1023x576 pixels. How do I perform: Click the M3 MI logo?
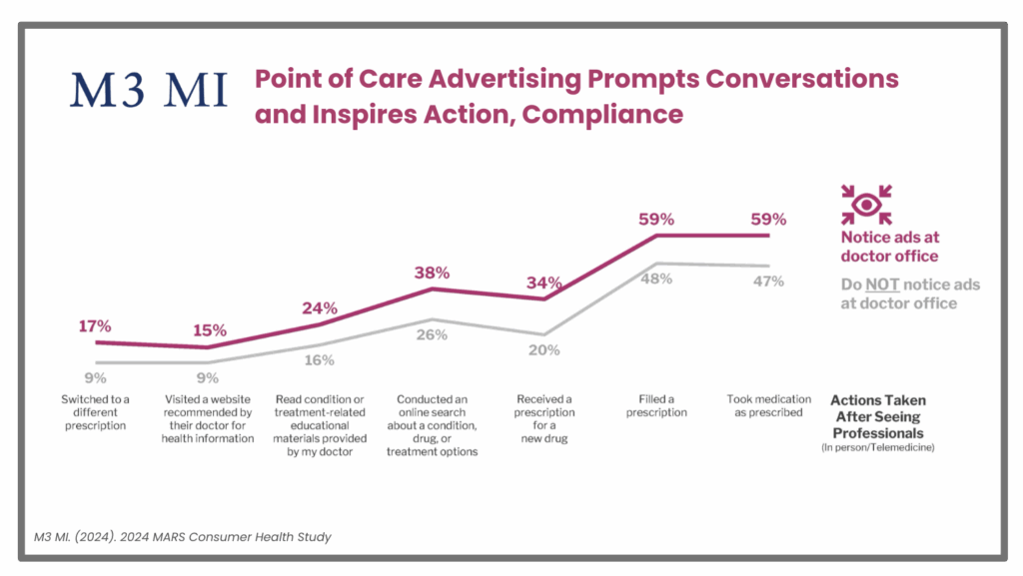[149, 90]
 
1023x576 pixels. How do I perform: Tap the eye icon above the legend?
[865, 204]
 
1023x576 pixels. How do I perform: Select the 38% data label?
[432, 272]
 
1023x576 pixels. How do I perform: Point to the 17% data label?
[95, 325]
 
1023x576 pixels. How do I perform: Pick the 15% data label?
[209, 330]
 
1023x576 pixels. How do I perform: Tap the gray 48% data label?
[655, 281]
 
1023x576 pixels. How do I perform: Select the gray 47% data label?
[768, 282]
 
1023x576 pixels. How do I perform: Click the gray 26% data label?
[432, 334]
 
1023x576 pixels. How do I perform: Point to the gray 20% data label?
[543, 350]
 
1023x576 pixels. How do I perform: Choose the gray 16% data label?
[320, 360]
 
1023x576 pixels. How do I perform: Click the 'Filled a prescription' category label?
[656, 406]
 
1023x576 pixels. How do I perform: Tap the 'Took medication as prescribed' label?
[766, 406]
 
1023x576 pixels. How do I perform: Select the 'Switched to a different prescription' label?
[96, 412]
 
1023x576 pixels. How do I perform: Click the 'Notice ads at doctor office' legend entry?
[889, 247]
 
